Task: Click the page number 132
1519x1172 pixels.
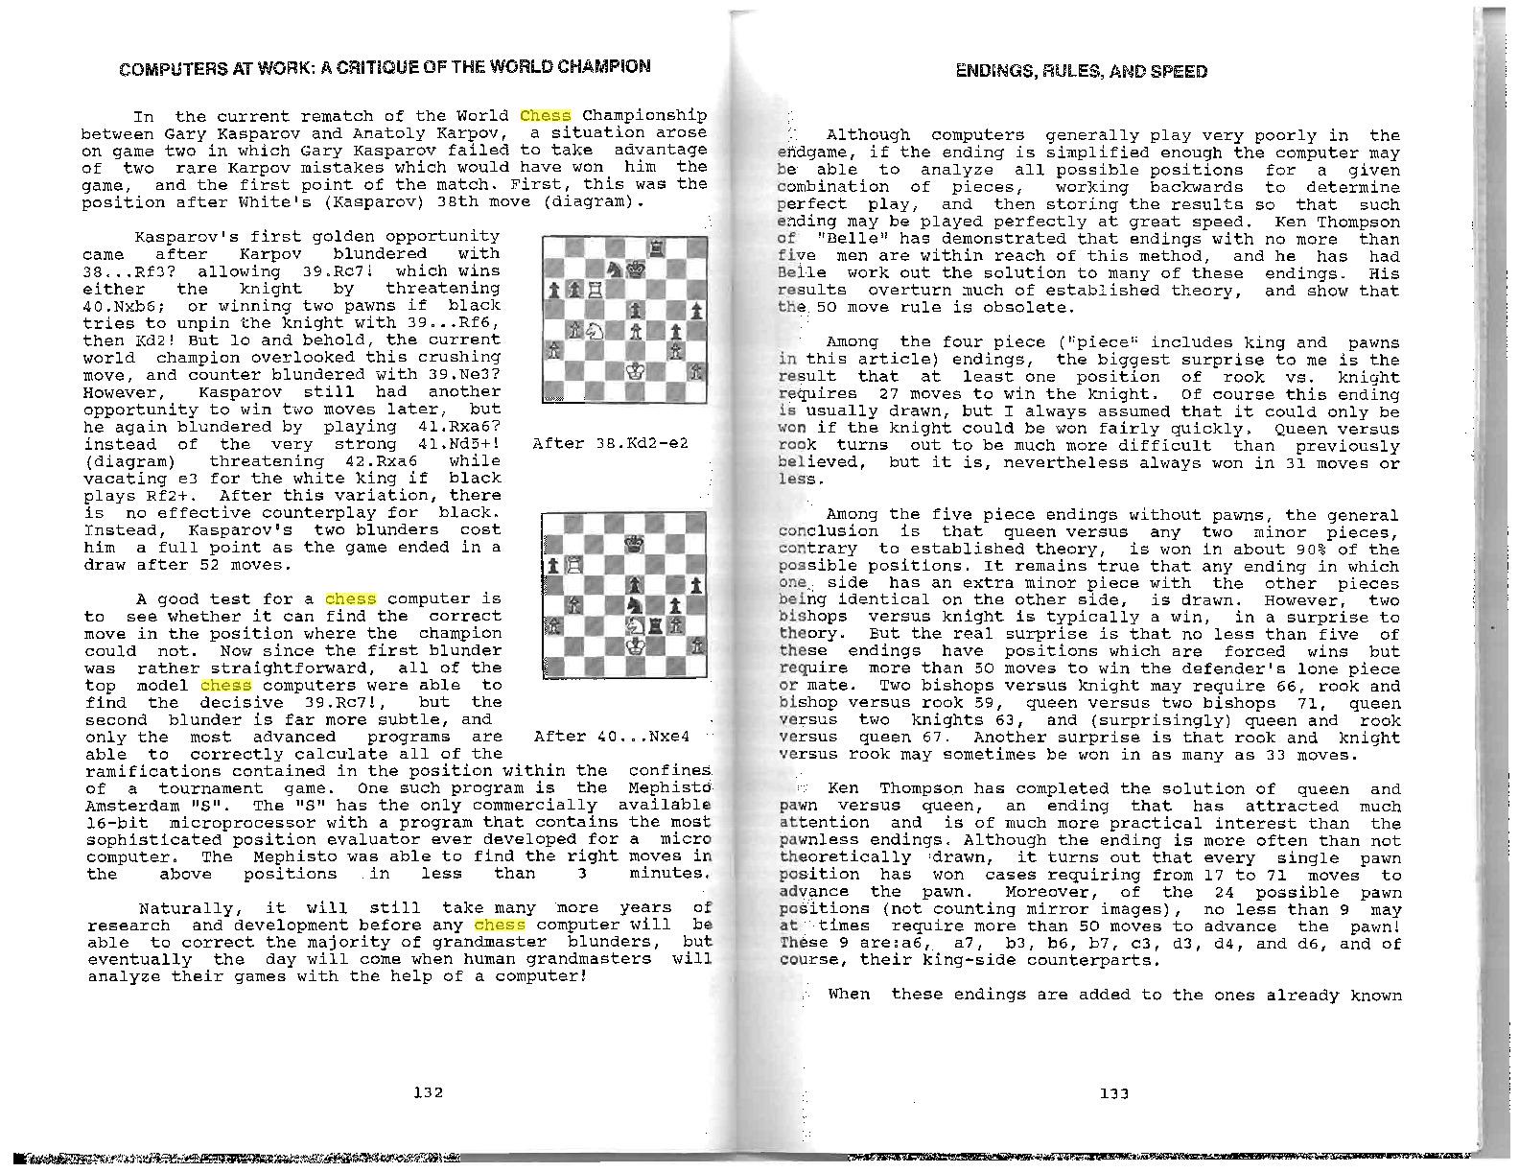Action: point(428,1091)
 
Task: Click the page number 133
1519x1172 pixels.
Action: point(1114,1093)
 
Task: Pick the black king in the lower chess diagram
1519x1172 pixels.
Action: point(634,544)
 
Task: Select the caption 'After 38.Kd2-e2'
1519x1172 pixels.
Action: point(610,443)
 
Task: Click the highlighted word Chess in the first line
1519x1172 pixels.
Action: point(546,115)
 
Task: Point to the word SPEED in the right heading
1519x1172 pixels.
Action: point(1180,72)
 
